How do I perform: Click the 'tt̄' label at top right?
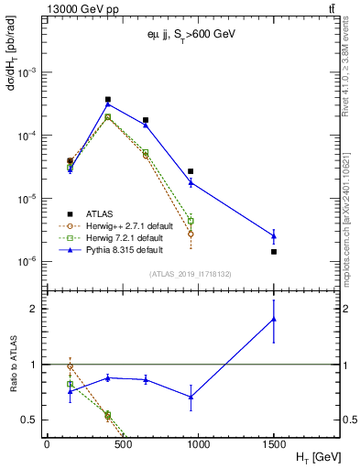(329, 8)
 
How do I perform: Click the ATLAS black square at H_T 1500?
(274, 251)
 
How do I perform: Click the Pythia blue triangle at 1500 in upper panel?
(274, 235)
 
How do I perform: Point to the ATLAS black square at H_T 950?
(191, 171)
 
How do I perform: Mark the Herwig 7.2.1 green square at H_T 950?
(191, 221)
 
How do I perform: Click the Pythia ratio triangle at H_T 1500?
(274, 319)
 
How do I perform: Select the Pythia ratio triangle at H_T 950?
(191, 397)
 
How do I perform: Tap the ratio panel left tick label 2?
(34, 309)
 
